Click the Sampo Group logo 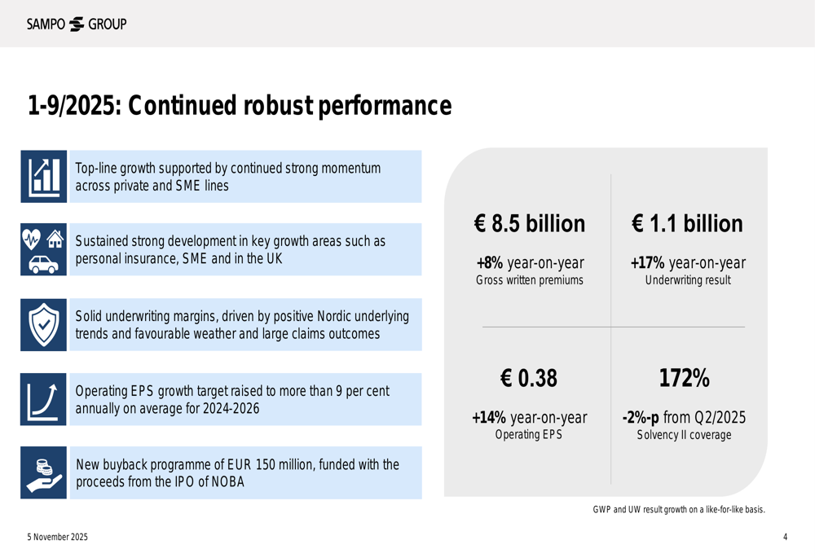77,24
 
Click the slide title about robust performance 239,106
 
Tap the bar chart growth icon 44,177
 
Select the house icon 55,239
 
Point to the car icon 43,264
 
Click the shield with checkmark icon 44,324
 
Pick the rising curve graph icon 44,399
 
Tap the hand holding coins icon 44,473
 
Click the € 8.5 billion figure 530,224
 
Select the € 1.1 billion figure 687,224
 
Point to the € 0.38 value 529,379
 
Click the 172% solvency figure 684,379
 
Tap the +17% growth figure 647,263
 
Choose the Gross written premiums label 530,281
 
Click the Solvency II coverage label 684,435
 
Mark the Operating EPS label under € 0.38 529,435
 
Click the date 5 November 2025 57,537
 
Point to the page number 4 785,537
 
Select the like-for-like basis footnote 678,510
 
